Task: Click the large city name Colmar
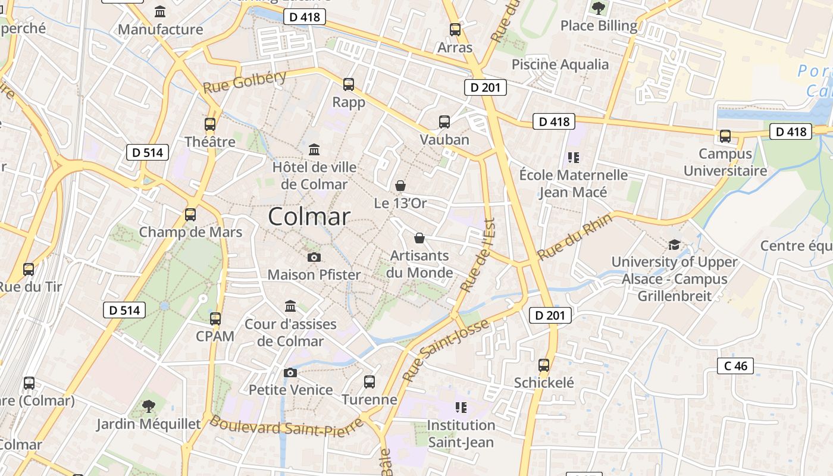click(x=309, y=217)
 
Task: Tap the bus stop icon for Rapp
click(x=349, y=84)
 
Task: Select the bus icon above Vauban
click(x=444, y=122)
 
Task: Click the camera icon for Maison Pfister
click(x=314, y=257)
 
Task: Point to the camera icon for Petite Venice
click(x=290, y=372)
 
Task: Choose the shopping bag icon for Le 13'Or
click(x=401, y=186)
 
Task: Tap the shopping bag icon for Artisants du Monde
click(x=419, y=238)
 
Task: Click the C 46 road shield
click(x=735, y=366)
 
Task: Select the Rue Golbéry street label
click(x=245, y=82)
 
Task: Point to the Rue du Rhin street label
click(x=574, y=237)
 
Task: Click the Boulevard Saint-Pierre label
click(x=286, y=426)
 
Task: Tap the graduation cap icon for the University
click(x=674, y=245)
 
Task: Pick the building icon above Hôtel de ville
click(x=314, y=149)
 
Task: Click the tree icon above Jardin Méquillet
click(x=149, y=406)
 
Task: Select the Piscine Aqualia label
click(x=560, y=64)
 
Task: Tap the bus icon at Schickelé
click(x=544, y=365)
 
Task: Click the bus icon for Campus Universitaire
click(x=725, y=136)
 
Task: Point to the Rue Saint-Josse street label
click(x=446, y=350)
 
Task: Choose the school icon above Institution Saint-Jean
click(x=461, y=408)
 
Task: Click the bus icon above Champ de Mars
click(x=190, y=215)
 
